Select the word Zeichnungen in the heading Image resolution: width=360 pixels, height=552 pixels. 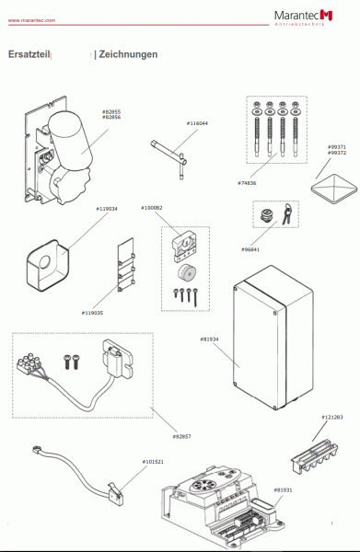coord(128,54)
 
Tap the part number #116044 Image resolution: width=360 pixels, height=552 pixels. coord(197,123)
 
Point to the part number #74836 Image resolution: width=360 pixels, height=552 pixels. coord(247,182)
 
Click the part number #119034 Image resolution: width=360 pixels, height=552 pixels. coord(107,209)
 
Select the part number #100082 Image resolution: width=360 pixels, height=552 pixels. coord(152,208)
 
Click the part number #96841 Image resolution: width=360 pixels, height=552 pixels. coord(250,249)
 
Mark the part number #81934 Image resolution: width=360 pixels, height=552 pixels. coord(211,339)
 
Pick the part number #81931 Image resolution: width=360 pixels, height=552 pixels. coord(283,490)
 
